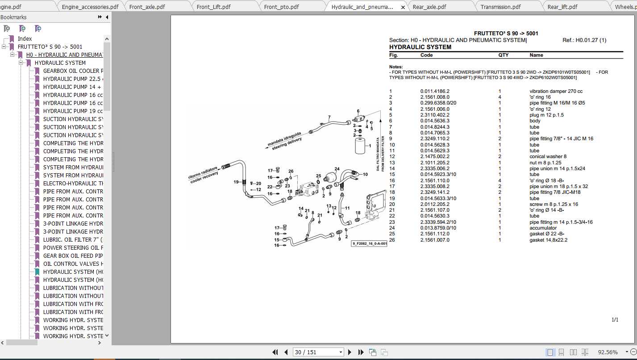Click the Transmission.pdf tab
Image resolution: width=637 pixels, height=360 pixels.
tap(500, 7)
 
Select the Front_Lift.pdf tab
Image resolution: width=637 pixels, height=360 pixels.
tap(213, 7)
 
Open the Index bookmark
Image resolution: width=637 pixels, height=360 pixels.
tap(25, 39)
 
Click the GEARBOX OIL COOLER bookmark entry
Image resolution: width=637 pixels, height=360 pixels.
tap(73, 71)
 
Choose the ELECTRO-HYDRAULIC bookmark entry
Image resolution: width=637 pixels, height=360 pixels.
tap(73, 184)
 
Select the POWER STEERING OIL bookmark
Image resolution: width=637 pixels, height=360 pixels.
tap(73, 248)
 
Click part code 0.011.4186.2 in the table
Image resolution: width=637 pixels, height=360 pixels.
tap(435, 91)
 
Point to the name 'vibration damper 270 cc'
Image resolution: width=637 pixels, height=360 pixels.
tap(556, 91)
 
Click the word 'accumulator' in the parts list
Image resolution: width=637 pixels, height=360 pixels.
tap(543, 228)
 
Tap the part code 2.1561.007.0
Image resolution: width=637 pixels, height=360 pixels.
tap(435, 240)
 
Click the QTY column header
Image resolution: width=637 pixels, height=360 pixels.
tap(503, 55)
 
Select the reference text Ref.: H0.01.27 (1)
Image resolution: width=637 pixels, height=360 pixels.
tap(584, 40)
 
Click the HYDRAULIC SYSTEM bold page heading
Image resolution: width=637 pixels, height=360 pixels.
tap(420, 47)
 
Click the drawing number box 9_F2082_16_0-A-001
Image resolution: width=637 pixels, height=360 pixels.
tap(369, 243)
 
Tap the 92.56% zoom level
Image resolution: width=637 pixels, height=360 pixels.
tap(608, 352)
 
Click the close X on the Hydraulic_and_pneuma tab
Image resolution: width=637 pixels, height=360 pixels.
tap(403, 7)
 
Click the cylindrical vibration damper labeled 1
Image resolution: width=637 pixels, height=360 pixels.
tap(362, 146)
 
